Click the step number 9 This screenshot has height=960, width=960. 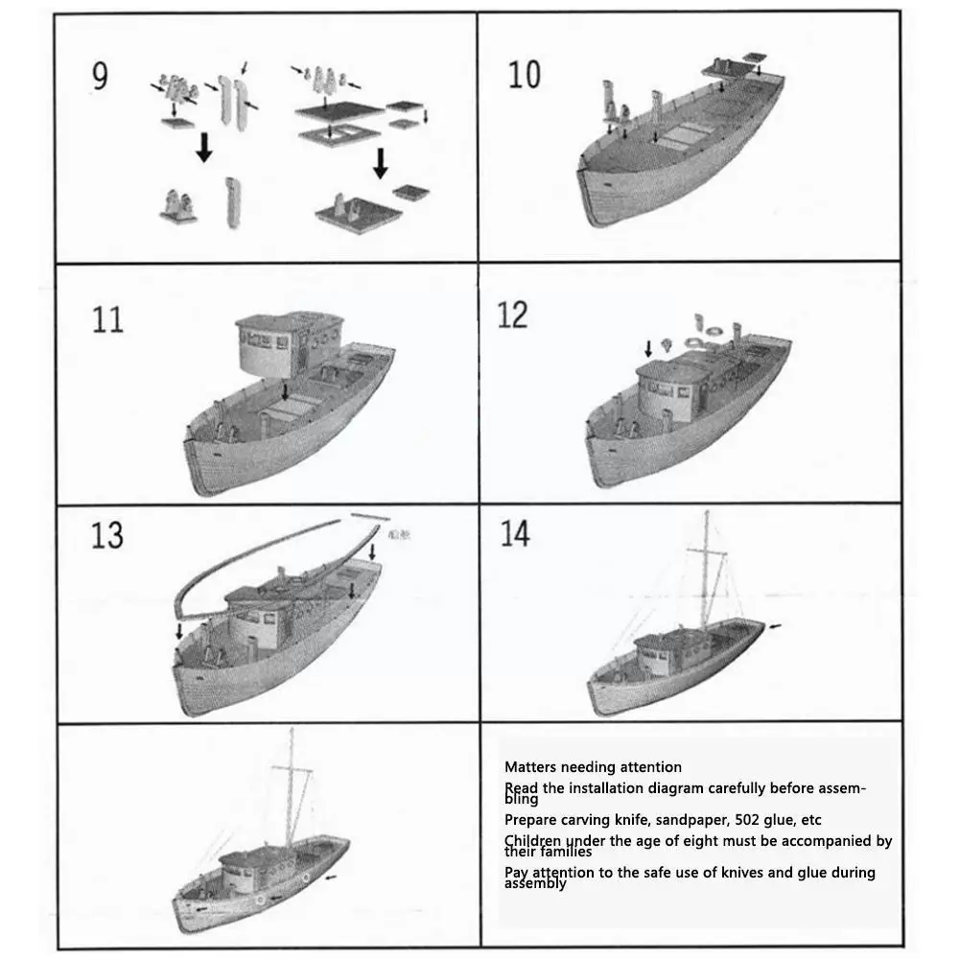(x=100, y=76)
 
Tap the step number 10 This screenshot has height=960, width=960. (x=525, y=75)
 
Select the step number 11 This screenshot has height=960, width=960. (x=107, y=318)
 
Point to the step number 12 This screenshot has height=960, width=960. (x=512, y=315)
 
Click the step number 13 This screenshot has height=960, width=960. (x=107, y=535)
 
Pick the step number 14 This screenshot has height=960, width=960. (x=514, y=533)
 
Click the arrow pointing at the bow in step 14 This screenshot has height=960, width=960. (x=775, y=626)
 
